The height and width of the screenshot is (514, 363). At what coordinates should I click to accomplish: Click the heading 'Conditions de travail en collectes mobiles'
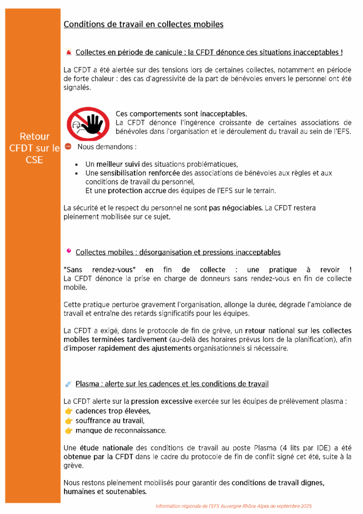pyautogui.click(x=143, y=24)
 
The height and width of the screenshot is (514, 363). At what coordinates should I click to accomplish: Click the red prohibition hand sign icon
pyautogui.click(x=88, y=123)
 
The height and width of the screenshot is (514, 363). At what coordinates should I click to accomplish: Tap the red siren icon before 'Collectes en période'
pyautogui.click(x=69, y=52)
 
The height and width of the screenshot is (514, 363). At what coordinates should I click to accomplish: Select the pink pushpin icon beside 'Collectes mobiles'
pyautogui.click(x=69, y=251)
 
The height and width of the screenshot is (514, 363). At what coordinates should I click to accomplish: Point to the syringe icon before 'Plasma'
pyautogui.click(x=69, y=384)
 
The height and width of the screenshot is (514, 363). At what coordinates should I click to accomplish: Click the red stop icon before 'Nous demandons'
pyautogui.click(x=68, y=147)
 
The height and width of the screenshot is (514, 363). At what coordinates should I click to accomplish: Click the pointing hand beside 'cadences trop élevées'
pyautogui.click(x=69, y=411)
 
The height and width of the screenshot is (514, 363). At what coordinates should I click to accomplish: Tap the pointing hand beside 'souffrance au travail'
pyautogui.click(x=69, y=421)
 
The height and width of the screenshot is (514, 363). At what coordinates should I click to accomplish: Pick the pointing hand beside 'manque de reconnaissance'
pyautogui.click(x=69, y=431)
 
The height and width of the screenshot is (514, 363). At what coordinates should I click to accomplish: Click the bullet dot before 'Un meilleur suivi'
pyautogui.click(x=76, y=164)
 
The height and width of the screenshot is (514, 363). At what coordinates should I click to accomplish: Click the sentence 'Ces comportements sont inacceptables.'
pyautogui.click(x=181, y=113)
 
